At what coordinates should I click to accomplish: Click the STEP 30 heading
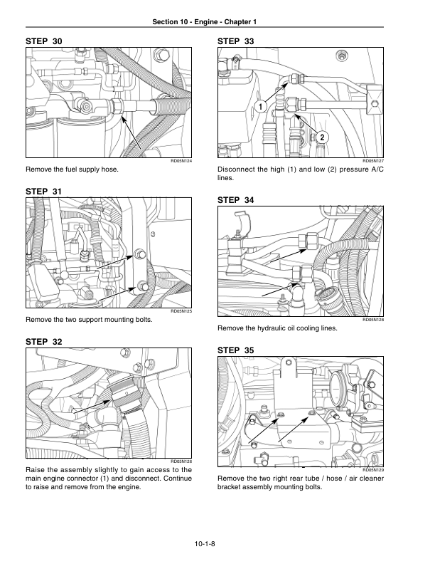(44, 43)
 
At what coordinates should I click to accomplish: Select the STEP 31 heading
(44, 192)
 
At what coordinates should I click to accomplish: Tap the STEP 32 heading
(44, 343)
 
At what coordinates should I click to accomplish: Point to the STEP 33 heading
(236, 43)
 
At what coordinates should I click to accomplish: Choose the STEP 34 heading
(236, 202)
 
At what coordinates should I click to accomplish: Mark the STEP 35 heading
(236, 350)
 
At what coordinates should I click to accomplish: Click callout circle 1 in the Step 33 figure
(260, 107)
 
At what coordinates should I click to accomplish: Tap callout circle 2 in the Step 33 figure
(321, 137)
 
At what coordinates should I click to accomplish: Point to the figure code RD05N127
(373, 161)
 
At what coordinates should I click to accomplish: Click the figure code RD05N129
(373, 470)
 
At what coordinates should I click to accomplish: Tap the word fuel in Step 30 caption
(77, 170)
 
